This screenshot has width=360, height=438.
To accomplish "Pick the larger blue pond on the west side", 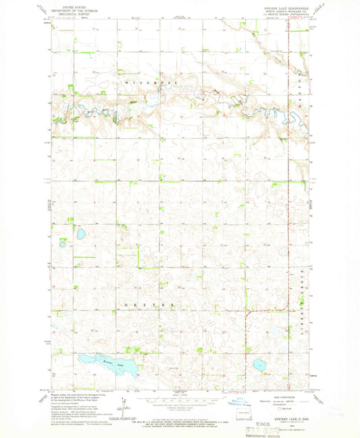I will [x=81, y=234].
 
